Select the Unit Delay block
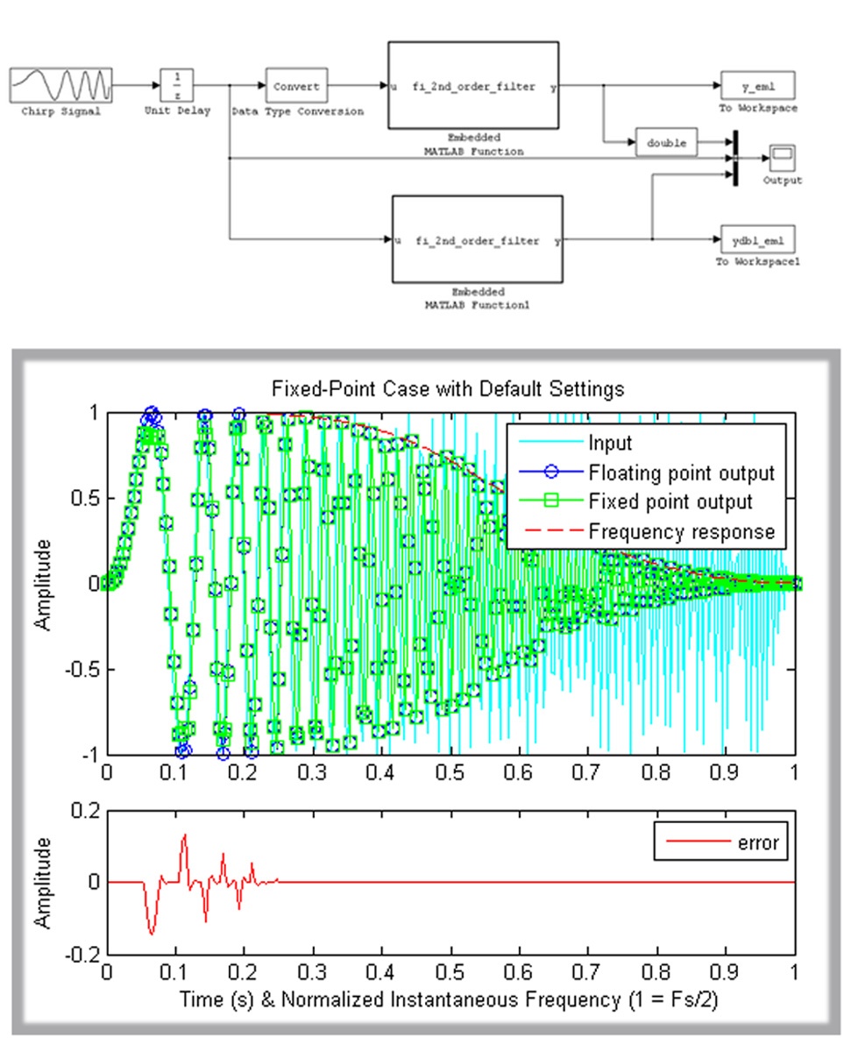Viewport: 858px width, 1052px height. [177, 86]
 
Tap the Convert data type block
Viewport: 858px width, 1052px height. [297, 87]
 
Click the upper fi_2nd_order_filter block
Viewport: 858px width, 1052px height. [473, 87]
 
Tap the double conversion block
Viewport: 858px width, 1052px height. [665, 141]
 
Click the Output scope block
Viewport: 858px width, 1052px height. [782, 157]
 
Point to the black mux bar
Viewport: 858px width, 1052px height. [734, 157]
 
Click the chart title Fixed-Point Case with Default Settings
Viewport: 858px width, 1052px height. [450, 389]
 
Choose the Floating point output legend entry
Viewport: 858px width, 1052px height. [682, 473]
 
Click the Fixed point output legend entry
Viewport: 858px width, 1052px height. [670, 502]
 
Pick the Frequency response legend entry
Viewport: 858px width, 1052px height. [682, 530]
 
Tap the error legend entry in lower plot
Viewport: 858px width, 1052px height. [760, 844]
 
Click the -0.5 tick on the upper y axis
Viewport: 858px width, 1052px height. [84, 669]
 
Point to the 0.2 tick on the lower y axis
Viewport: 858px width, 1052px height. [88, 811]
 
